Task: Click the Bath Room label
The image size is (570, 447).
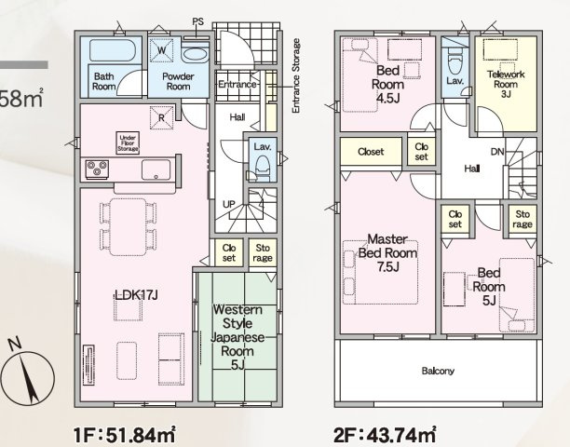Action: [x=103, y=81]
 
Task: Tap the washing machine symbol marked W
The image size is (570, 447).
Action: [x=163, y=50]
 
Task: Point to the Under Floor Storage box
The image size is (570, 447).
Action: [x=128, y=142]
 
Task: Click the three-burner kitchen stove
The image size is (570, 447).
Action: [x=98, y=169]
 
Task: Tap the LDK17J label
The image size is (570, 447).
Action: [x=137, y=295]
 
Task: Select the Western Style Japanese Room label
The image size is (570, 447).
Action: [x=237, y=336]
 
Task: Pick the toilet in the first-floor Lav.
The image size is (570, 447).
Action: [x=262, y=167]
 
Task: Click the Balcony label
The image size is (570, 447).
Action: [x=438, y=372]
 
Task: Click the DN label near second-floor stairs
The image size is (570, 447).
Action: [x=498, y=152]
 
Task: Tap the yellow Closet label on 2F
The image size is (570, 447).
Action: [x=372, y=150]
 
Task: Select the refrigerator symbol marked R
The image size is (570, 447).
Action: [x=162, y=118]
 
